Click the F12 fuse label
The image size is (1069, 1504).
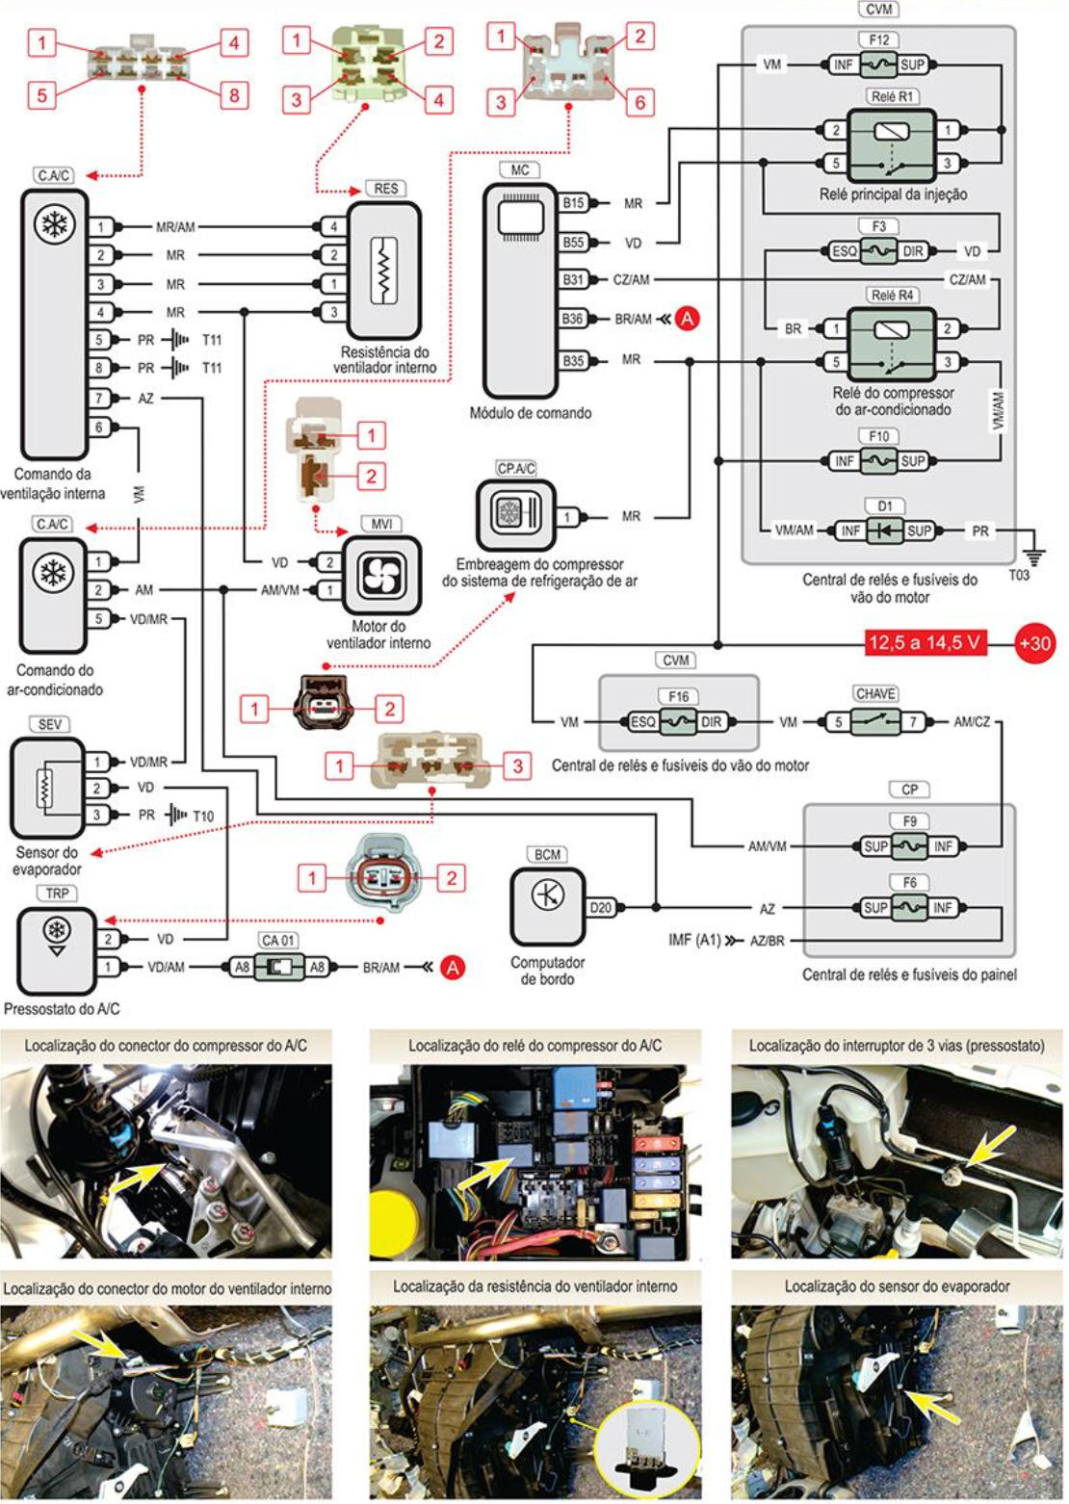[x=878, y=40]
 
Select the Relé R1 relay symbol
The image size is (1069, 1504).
[x=892, y=144]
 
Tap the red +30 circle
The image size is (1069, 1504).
[x=1034, y=643]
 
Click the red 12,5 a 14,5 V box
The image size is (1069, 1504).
[x=926, y=643]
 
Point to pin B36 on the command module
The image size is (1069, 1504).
[x=573, y=319]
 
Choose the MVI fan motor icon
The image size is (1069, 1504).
[x=382, y=575]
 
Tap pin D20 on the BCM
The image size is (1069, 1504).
[x=600, y=907]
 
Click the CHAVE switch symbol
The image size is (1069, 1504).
[x=875, y=721]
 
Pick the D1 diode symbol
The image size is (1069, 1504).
[x=884, y=531]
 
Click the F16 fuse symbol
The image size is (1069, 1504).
[x=678, y=721]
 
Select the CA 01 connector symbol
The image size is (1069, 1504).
[x=278, y=966]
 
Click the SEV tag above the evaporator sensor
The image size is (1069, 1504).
[x=49, y=724]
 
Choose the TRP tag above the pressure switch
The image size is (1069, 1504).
[x=57, y=894]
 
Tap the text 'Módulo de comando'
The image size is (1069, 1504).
[x=531, y=413]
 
